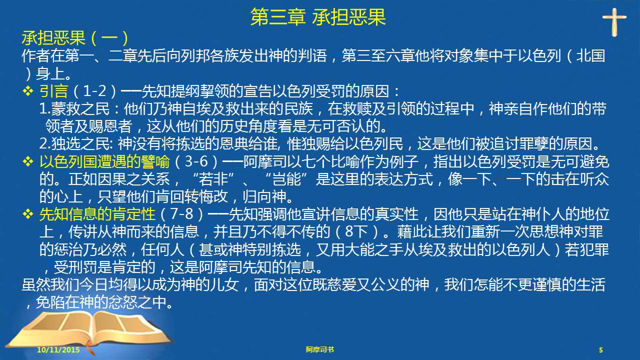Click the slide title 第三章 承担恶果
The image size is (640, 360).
point(318,17)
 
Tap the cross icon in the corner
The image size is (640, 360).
point(614,21)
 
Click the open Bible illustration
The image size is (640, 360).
point(88,331)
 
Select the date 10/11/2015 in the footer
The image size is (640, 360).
point(58,349)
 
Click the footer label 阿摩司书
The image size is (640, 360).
point(319,349)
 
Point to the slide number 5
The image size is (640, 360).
point(601,350)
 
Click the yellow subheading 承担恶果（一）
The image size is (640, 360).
point(75,38)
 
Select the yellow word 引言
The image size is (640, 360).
point(53,91)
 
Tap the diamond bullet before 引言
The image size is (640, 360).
point(28,91)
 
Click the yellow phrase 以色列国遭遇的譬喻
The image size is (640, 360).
point(104,161)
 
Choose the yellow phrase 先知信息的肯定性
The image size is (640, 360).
point(97,214)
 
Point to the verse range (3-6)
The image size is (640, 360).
point(196,161)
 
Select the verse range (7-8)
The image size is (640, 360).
point(181,214)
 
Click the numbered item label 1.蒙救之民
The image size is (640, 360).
point(74,109)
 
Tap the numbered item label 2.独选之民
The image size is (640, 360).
point(74,144)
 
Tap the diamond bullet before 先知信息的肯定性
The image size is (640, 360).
point(28,214)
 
